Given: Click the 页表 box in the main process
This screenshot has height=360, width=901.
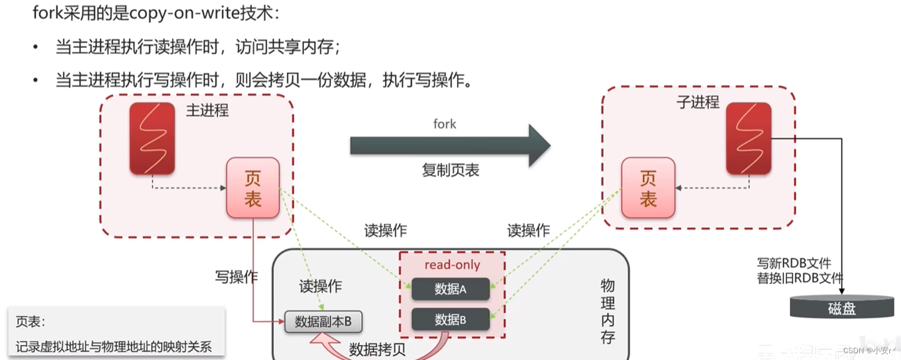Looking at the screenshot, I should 253,188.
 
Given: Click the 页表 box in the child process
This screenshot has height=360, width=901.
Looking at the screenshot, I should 648,188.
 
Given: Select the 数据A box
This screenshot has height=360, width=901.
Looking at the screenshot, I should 450,289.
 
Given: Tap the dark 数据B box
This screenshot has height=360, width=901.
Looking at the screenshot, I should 450,319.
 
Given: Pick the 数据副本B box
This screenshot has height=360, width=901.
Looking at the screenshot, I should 323,322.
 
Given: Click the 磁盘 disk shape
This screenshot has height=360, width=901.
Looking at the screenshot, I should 841,307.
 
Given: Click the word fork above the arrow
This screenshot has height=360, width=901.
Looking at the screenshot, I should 445,124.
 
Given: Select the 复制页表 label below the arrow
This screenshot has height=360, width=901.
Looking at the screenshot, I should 450,171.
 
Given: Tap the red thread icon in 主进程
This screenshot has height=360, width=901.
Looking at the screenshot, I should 152,138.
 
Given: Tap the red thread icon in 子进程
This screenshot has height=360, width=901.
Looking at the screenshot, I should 749,138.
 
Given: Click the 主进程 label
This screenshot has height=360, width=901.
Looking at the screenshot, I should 207,111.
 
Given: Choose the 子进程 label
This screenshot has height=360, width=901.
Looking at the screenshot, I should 698,102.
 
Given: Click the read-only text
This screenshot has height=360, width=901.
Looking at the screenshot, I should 452,265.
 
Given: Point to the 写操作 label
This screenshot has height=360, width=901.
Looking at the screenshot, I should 236,276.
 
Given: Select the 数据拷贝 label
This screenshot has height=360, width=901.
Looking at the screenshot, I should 377,350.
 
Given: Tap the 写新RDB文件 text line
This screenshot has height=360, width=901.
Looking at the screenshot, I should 794,264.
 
